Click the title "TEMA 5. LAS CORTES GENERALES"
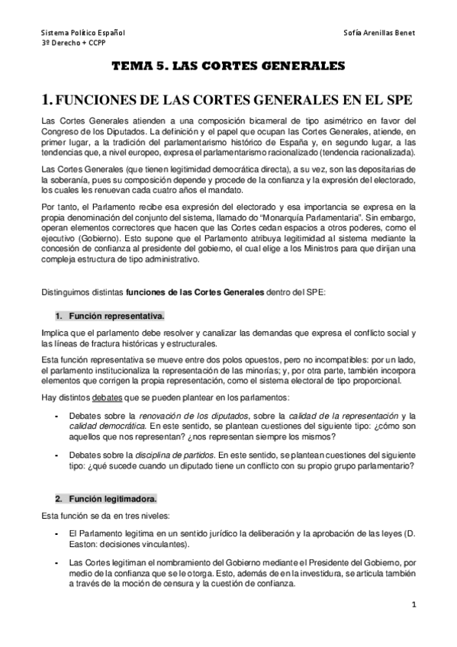coord(228,67)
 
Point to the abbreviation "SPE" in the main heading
coord(396,100)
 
